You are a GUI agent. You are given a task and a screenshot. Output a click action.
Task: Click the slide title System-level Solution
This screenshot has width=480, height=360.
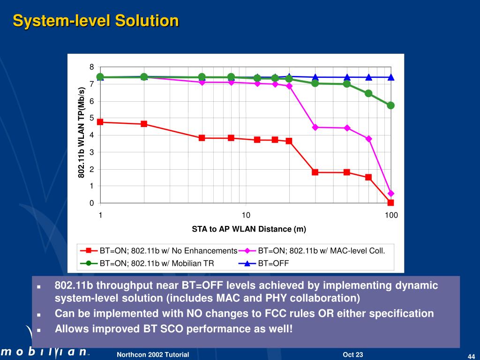coord(96,21)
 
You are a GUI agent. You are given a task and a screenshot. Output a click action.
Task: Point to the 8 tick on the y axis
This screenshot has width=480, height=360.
coord(92,67)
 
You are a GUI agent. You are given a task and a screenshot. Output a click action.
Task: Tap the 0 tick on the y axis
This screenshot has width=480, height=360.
coord(92,203)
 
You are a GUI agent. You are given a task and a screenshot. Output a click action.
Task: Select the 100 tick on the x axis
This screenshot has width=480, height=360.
coord(391,215)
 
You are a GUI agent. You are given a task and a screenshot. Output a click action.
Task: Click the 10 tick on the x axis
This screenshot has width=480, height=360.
coord(246,215)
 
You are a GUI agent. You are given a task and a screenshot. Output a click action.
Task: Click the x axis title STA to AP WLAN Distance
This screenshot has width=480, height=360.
coord(249,229)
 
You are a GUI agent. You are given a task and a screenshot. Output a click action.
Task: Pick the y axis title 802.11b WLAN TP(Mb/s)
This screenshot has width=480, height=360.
coord(81,132)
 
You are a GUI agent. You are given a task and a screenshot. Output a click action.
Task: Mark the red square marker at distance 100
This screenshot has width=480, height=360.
coord(390,202)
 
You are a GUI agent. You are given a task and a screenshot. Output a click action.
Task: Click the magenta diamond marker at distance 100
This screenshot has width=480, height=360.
coord(391,194)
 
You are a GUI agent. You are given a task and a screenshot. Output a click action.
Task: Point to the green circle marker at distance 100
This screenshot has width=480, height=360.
coord(390,105)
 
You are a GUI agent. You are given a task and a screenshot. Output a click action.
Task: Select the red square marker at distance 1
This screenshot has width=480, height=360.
coord(100,122)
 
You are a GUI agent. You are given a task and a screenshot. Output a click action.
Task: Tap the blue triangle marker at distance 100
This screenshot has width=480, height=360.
coord(391,77)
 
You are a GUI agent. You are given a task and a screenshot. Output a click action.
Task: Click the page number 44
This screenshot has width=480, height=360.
coord(472,356)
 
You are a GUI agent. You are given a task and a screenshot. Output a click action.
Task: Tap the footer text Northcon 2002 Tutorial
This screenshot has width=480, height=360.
coord(153,355)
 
